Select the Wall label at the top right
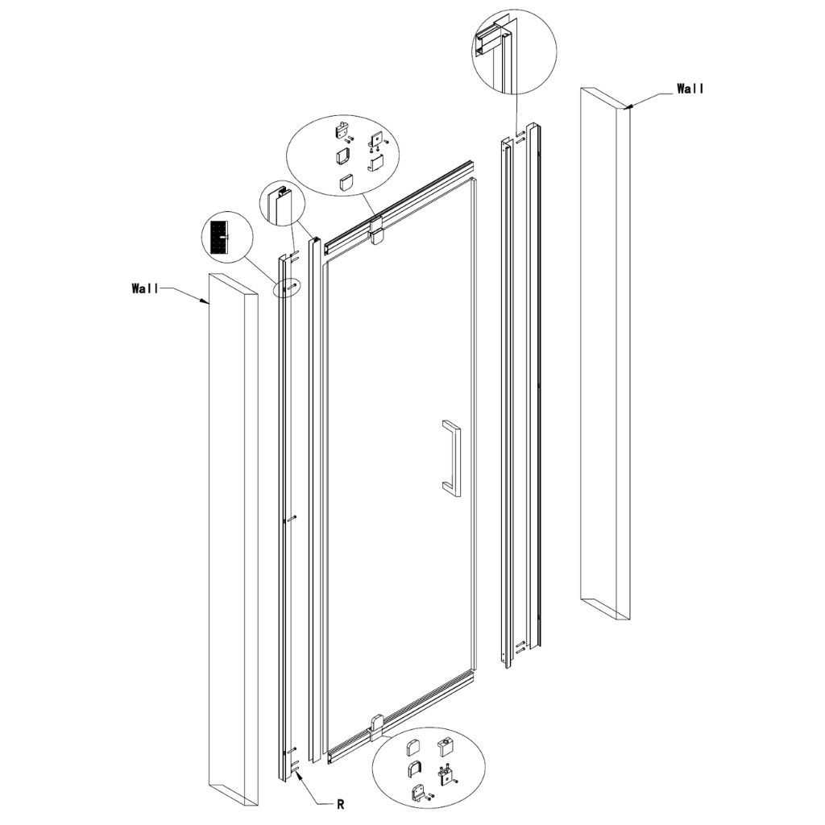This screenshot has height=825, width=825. point(690,89)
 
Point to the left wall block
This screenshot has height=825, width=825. point(233,540)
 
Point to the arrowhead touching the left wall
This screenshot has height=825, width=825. point(206,302)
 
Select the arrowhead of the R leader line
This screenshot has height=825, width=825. point(297,773)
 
